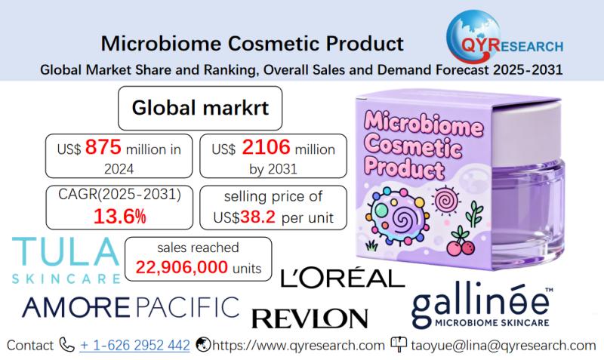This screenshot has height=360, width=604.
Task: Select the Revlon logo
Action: [x=310, y=317]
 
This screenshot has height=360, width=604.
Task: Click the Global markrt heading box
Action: [x=196, y=108]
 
